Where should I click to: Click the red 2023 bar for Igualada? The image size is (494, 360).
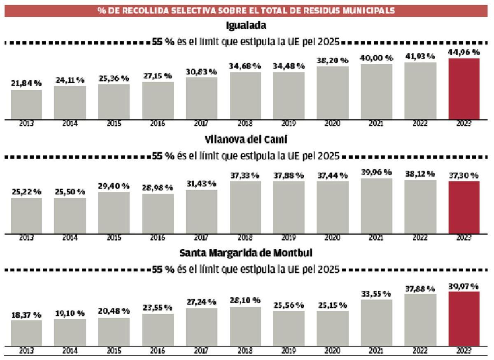coord(464,89)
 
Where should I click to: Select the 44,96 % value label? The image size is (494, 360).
coord(464,52)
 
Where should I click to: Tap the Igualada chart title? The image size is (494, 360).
coord(246,26)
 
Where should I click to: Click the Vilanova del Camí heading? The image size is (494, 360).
coord(246,140)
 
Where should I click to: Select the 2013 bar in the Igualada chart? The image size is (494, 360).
coord(26,105)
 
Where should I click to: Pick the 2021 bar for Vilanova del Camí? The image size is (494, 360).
coord(376,206)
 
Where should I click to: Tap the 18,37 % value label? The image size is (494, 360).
coord(26,315)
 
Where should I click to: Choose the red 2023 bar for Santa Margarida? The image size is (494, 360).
coord(464,318)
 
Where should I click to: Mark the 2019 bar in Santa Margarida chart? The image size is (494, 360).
coord(289,328)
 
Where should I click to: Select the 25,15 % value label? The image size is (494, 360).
coord(332,306)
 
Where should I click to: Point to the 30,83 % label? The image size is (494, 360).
coord(201,72)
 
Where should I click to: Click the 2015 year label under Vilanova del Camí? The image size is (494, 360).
coord(114,238)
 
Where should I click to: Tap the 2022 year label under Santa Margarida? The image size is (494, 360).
coord(420,351)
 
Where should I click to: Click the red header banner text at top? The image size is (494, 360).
coord(246,11)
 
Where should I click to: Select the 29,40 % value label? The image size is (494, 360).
coord(114,186)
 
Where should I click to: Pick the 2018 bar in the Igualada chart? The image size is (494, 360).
coord(245,96)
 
